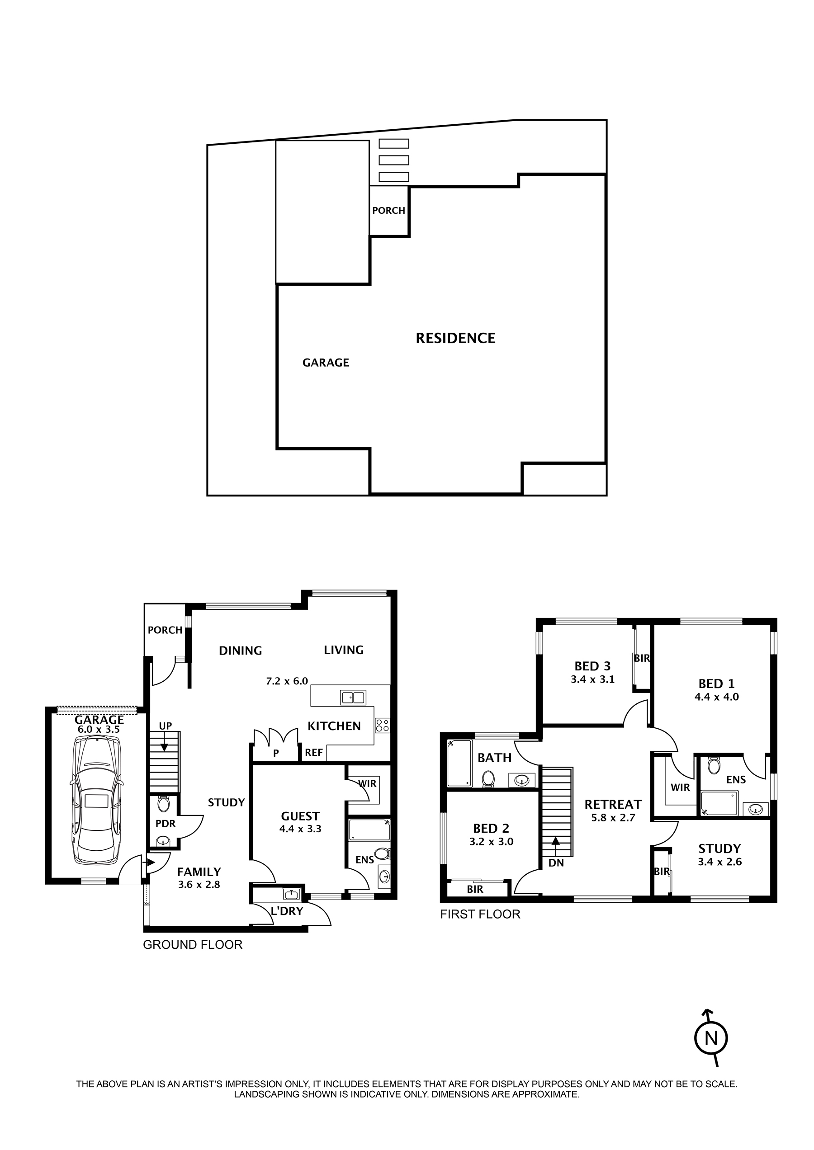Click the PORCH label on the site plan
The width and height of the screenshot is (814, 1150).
pyautogui.click(x=388, y=211)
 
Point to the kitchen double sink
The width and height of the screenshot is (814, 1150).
pyautogui.click(x=353, y=697)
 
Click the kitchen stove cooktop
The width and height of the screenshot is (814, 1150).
pyautogui.click(x=383, y=725)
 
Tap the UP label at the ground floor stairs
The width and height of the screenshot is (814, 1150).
pyautogui.click(x=166, y=726)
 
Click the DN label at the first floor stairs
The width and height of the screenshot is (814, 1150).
pyautogui.click(x=556, y=863)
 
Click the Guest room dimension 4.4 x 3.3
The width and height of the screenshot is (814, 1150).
pyautogui.click(x=300, y=830)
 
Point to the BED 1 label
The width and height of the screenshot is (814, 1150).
pyautogui.click(x=716, y=684)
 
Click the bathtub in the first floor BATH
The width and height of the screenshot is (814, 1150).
pyautogui.click(x=459, y=764)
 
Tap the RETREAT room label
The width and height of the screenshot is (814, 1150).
pyautogui.click(x=613, y=805)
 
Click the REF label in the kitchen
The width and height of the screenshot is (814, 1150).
pyautogui.click(x=314, y=753)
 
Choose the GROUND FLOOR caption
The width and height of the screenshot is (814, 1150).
pyautogui.click(x=193, y=945)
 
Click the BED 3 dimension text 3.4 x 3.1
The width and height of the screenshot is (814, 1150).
pyautogui.click(x=592, y=679)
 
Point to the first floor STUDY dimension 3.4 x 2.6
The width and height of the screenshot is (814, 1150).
pyautogui.click(x=720, y=862)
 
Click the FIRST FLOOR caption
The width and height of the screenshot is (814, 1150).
pyautogui.click(x=480, y=914)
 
